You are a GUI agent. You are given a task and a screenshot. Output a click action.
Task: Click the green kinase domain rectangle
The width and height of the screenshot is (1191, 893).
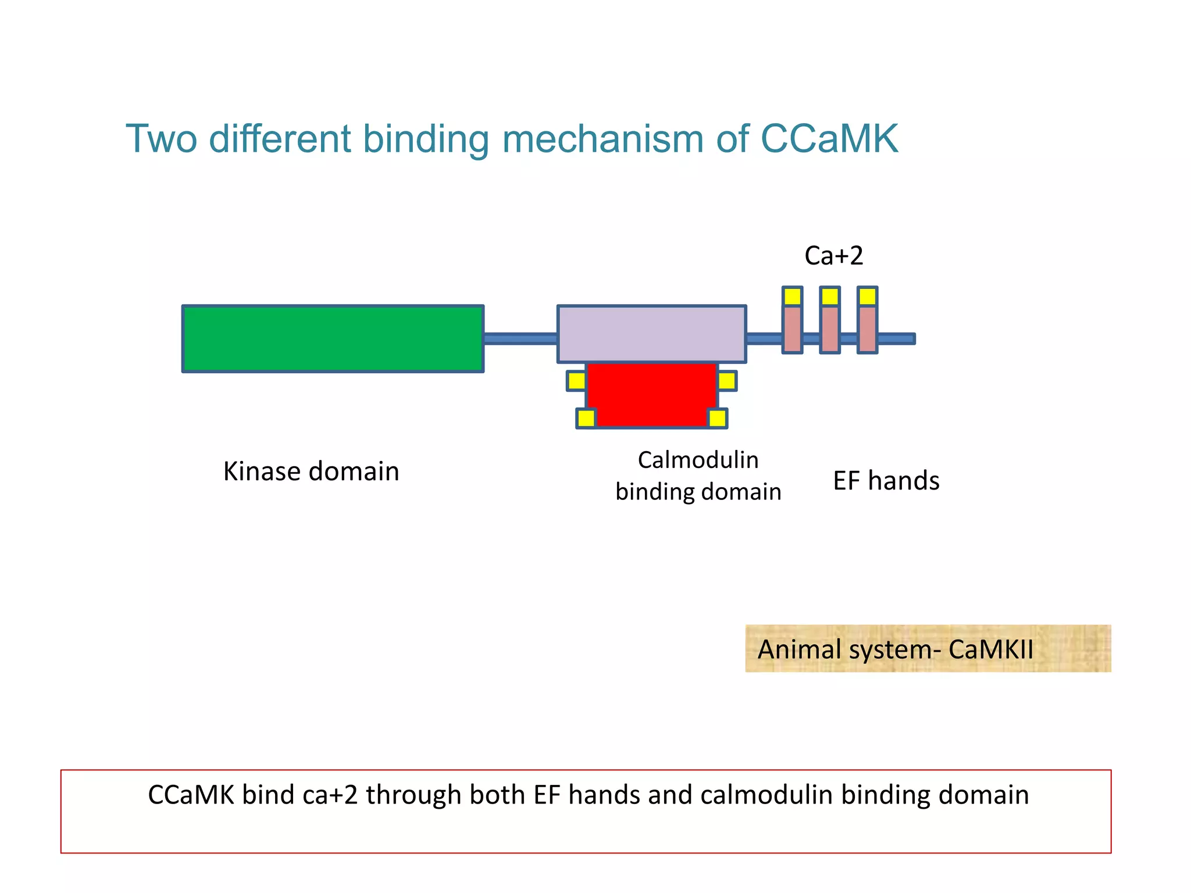click(333, 338)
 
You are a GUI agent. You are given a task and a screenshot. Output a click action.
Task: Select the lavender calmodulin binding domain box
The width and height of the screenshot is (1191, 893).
click(651, 334)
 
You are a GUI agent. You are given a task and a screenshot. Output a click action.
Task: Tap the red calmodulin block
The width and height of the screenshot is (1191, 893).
click(651, 395)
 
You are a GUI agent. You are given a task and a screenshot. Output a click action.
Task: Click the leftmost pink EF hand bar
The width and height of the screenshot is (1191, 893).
click(792, 329)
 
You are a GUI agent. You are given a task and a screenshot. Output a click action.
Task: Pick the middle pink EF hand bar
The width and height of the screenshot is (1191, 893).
click(830, 329)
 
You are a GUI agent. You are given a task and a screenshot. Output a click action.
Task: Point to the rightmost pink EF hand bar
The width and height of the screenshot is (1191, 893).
click(867, 329)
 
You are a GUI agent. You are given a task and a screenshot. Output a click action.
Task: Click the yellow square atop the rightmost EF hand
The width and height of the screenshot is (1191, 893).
click(867, 297)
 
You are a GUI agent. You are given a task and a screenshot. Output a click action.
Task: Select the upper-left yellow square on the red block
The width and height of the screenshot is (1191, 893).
click(576, 381)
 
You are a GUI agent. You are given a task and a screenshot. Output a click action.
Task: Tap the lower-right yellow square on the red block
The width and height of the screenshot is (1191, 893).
click(717, 418)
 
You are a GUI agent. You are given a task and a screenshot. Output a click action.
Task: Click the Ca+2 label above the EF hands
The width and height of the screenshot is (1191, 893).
click(833, 256)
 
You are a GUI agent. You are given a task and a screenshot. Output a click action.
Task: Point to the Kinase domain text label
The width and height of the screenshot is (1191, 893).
click(311, 471)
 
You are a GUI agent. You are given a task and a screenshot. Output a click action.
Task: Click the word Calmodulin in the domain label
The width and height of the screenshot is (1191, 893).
click(698, 460)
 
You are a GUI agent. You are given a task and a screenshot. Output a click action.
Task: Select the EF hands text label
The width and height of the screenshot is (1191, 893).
click(886, 481)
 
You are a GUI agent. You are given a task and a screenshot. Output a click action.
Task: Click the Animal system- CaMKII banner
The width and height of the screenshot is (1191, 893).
click(928, 649)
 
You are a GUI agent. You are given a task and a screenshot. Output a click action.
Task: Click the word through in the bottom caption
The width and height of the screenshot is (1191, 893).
click(413, 795)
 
